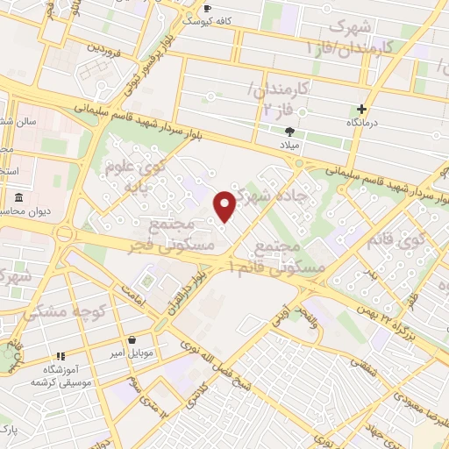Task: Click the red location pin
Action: click(x=225, y=207)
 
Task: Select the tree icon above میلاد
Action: click(x=290, y=130)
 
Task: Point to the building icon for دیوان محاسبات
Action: click(x=19, y=197)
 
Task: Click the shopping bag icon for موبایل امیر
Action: click(x=132, y=339)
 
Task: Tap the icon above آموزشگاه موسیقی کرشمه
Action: click(x=61, y=356)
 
